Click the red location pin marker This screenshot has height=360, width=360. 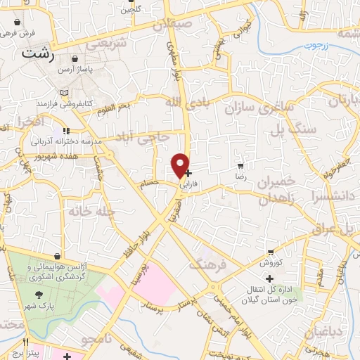tap(181, 165)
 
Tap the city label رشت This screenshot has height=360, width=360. tap(38, 53)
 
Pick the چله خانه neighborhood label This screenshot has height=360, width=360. tap(87, 210)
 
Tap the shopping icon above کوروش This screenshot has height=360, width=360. tap(271, 252)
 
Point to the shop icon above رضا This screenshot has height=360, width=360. tap(241, 167)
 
